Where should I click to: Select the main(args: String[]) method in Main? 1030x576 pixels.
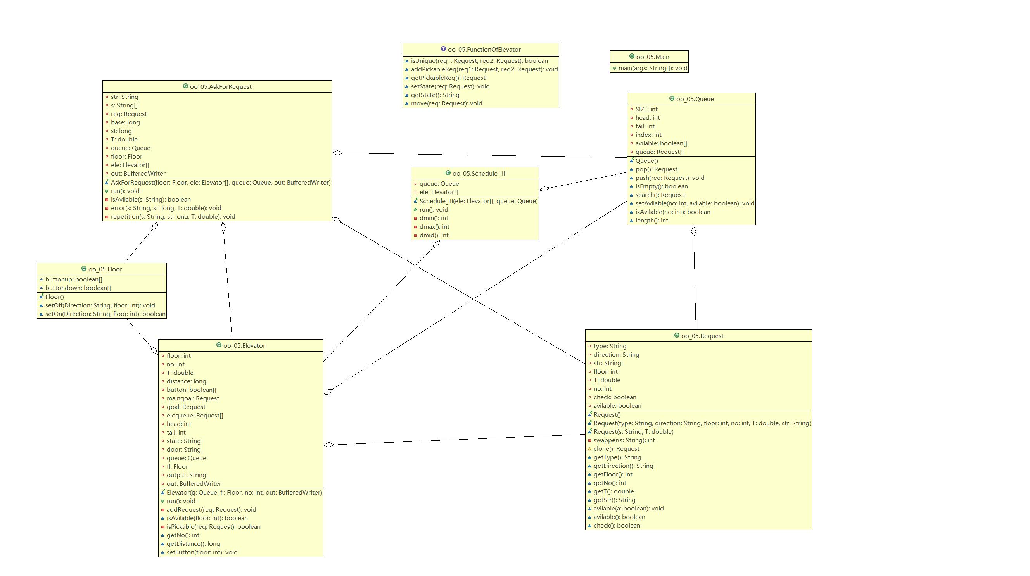pyautogui.click(x=653, y=68)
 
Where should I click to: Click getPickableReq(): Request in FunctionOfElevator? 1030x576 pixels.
pyautogui.click(x=448, y=78)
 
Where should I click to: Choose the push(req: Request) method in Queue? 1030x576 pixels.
pyautogui.click(x=670, y=178)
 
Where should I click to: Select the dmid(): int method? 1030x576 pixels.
pyautogui.click(x=434, y=235)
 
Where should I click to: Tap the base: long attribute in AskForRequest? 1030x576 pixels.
pyautogui.click(x=125, y=123)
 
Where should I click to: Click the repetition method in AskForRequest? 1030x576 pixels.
pyautogui.click(x=173, y=217)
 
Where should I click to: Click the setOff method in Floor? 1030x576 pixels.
pyautogui.click(x=100, y=305)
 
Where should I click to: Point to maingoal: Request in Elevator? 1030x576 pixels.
pyautogui.click(x=193, y=398)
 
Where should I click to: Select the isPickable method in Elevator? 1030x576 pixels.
pyautogui.click(x=214, y=527)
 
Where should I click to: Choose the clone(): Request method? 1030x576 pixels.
pyautogui.click(x=616, y=449)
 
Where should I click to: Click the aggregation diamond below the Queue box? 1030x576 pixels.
pyautogui.click(x=693, y=231)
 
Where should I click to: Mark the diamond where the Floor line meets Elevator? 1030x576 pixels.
pyautogui.click(x=154, y=350)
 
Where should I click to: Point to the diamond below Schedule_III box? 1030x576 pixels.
pyautogui.click(x=436, y=244)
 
